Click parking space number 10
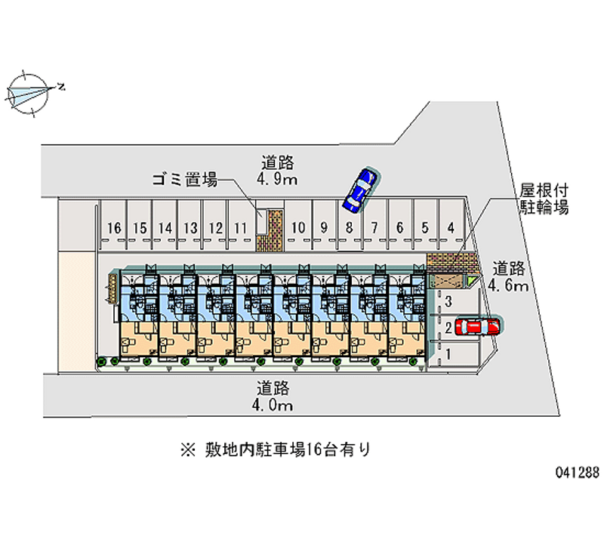tap(298, 227)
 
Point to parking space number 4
tap(451, 227)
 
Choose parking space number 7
tap(374, 227)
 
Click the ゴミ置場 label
tap(184, 179)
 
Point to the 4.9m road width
tap(277, 179)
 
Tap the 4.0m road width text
tap(273, 406)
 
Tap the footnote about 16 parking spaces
tap(276, 451)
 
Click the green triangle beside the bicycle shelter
tap(472, 282)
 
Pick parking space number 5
tap(425, 227)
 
